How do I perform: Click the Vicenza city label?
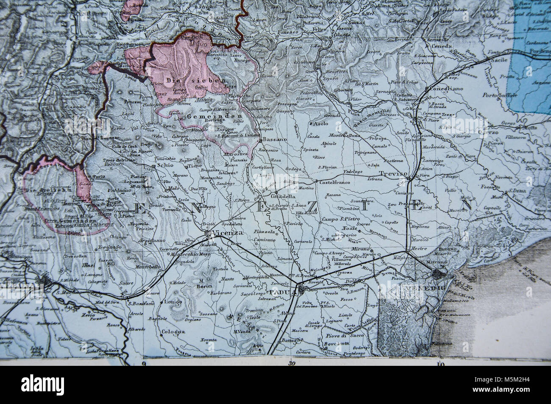coord(229,233)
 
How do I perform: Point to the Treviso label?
coord(393,174)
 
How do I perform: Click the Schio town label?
coord(165,166)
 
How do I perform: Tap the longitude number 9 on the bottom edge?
coord(144,363)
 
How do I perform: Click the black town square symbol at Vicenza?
coord(206,233)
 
